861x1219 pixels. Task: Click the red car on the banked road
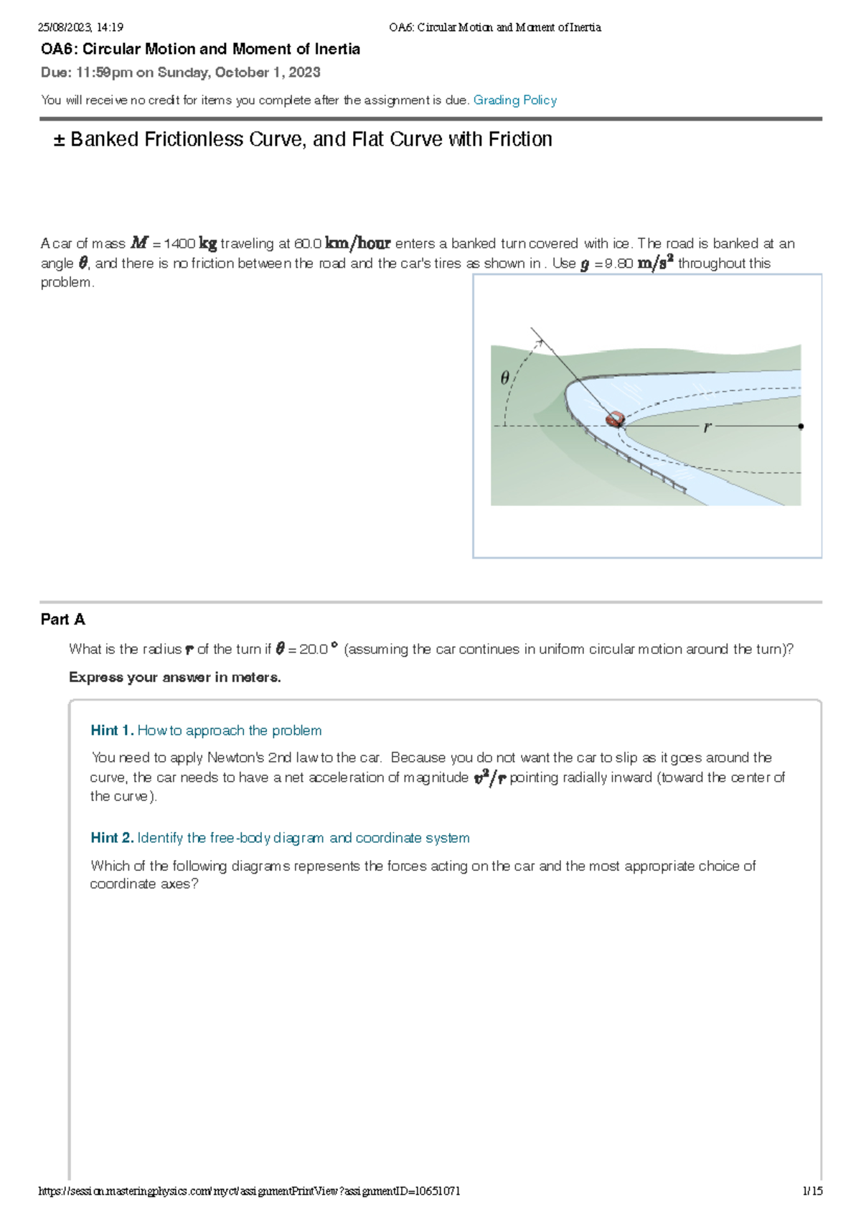tap(615, 419)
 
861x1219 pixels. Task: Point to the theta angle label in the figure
tap(504, 378)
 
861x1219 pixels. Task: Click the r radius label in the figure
tap(707, 427)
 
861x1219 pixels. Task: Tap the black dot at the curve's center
tap(801, 426)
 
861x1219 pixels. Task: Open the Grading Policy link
tap(514, 101)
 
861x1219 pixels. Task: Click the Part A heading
tap(63, 620)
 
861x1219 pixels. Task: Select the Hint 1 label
tap(112, 731)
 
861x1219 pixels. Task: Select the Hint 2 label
tap(112, 838)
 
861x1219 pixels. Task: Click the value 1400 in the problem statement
tap(179, 244)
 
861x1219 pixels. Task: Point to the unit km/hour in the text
tap(357, 243)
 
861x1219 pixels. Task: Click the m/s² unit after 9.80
tap(655, 263)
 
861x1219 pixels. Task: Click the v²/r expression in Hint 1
tap(490, 777)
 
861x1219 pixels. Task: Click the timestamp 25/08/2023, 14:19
tap(80, 27)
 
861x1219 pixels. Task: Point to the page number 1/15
tap(812, 1191)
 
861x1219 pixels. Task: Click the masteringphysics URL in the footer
tap(248, 1191)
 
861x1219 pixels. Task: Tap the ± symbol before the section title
tap(59, 140)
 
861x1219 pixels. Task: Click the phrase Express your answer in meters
tap(174, 678)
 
